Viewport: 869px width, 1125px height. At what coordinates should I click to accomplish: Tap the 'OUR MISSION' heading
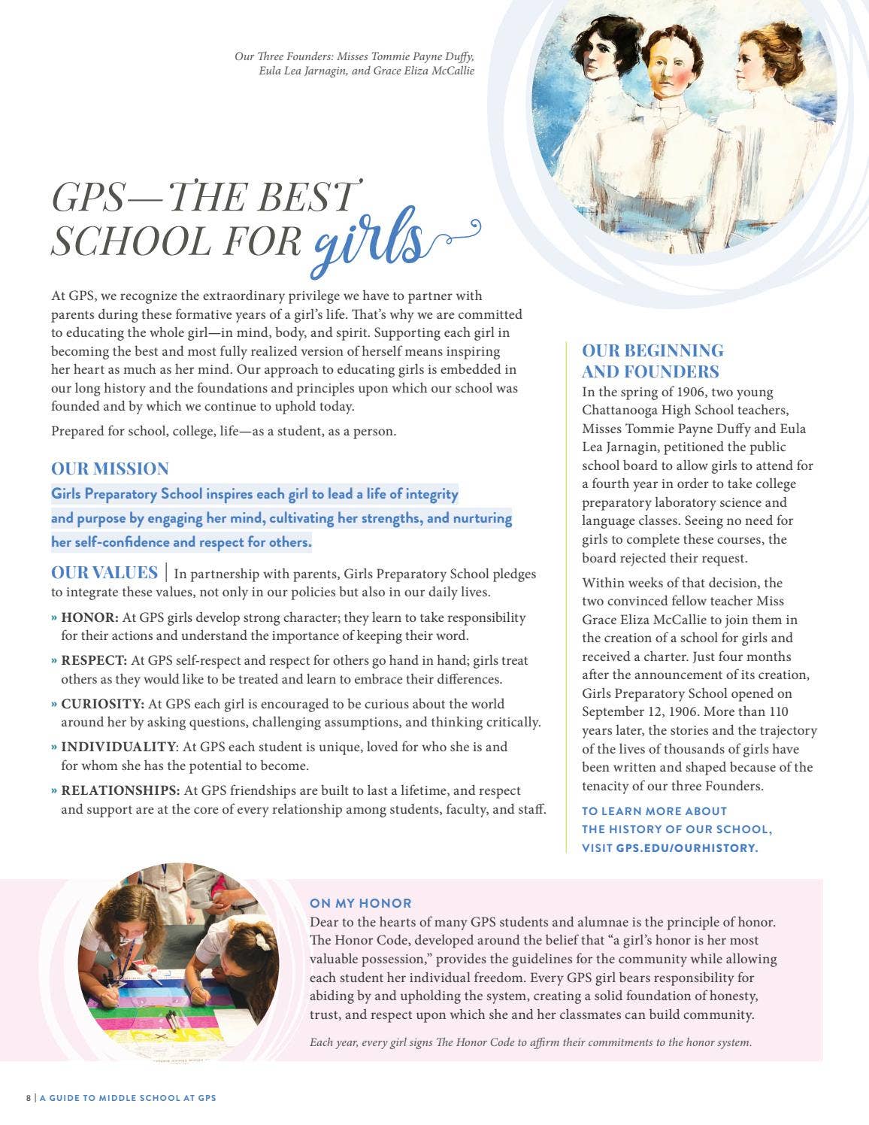[110, 468]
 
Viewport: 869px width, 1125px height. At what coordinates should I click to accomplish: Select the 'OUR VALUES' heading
[104, 572]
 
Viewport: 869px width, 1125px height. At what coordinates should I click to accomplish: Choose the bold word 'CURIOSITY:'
[103, 704]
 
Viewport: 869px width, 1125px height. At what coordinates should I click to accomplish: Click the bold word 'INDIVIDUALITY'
[118, 747]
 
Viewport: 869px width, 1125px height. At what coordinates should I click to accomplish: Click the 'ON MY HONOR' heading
[361, 903]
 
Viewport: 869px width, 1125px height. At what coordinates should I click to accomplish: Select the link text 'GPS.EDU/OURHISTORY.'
[687, 848]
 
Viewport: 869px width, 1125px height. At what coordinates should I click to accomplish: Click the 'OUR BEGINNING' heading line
[653, 350]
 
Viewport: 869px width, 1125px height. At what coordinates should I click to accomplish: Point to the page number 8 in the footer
[29, 1098]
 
